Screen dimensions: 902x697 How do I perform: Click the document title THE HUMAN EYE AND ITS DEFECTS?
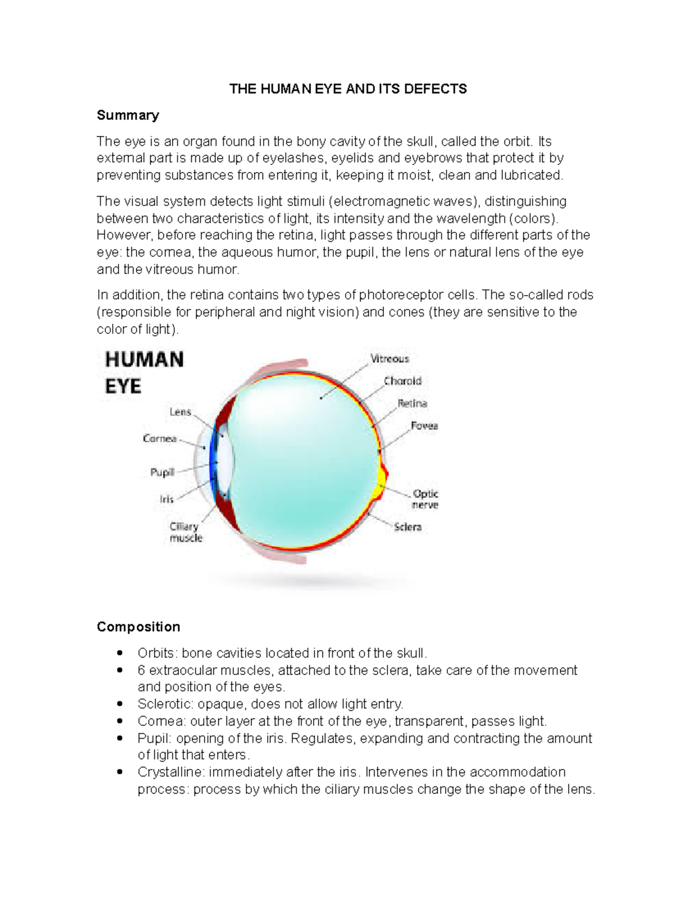348,89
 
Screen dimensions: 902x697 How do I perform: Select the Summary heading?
128,115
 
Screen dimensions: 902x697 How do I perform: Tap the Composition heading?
138,627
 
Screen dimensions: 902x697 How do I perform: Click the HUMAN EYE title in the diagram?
144,372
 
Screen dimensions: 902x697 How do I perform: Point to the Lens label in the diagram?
180,412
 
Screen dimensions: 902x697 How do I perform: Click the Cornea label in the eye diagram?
160,439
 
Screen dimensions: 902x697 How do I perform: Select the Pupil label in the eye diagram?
162,472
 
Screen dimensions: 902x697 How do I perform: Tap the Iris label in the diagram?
167,499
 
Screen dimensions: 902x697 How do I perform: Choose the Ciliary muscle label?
185,532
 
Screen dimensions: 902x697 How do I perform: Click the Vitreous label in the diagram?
390,359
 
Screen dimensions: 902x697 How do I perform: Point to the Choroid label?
403,381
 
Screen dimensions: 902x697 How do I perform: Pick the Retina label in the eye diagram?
412,403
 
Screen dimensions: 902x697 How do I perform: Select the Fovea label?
424,426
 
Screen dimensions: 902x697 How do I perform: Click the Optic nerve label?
425,499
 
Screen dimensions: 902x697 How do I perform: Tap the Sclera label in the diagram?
408,527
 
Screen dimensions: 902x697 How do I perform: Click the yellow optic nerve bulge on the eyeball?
382,480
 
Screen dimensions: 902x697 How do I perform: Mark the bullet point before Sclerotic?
120,704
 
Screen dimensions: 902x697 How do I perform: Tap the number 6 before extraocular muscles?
141,670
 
